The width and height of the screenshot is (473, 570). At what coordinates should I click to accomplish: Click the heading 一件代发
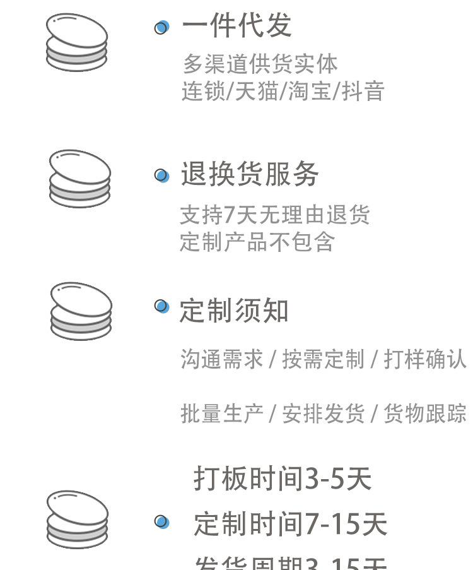[237, 26]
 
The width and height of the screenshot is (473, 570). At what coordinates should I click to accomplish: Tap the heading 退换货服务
[250, 175]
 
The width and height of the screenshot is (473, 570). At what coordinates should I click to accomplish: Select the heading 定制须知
[234, 311]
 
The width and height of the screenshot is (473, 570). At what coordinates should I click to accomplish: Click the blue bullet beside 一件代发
[162, 27]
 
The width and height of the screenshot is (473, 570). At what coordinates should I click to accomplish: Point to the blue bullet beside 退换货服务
[162, 175]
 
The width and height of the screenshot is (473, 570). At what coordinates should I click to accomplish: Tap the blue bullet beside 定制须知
[162, 307]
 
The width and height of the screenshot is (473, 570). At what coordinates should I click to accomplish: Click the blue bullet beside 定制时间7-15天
[162, 522]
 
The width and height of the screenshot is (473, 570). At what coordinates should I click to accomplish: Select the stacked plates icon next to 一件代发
[77, 42]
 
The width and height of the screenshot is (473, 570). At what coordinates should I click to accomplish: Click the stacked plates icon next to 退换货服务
[79, 178]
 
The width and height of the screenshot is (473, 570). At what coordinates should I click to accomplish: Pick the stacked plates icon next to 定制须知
[81, 311]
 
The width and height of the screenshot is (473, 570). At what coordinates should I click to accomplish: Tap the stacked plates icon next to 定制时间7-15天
[77, 520]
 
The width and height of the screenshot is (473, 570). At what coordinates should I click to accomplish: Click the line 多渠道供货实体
[260, 64]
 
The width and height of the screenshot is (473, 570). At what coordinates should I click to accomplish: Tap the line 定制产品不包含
[257, 242]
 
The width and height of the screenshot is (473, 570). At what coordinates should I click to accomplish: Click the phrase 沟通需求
[221, 359]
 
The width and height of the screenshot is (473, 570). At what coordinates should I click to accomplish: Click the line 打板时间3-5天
[282, 479]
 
